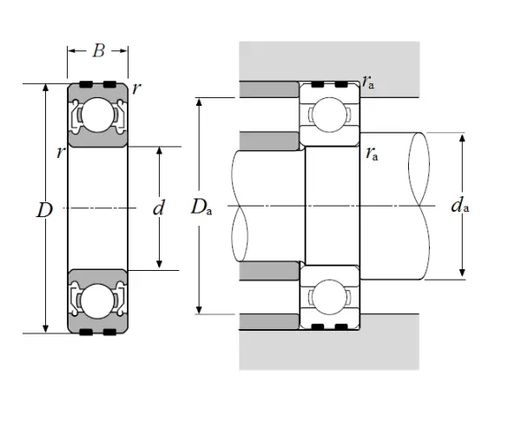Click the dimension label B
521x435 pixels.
98,51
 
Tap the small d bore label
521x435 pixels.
158,208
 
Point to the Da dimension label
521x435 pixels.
201,207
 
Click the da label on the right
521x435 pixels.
460,206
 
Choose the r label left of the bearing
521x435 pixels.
59,153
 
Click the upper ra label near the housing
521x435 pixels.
370,84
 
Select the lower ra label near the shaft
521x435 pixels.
372,155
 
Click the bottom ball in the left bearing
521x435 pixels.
97,300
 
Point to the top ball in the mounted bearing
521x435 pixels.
330,115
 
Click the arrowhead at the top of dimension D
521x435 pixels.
45,88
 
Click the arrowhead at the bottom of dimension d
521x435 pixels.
159,266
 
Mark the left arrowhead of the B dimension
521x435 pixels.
71,51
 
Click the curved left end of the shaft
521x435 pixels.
239,206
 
